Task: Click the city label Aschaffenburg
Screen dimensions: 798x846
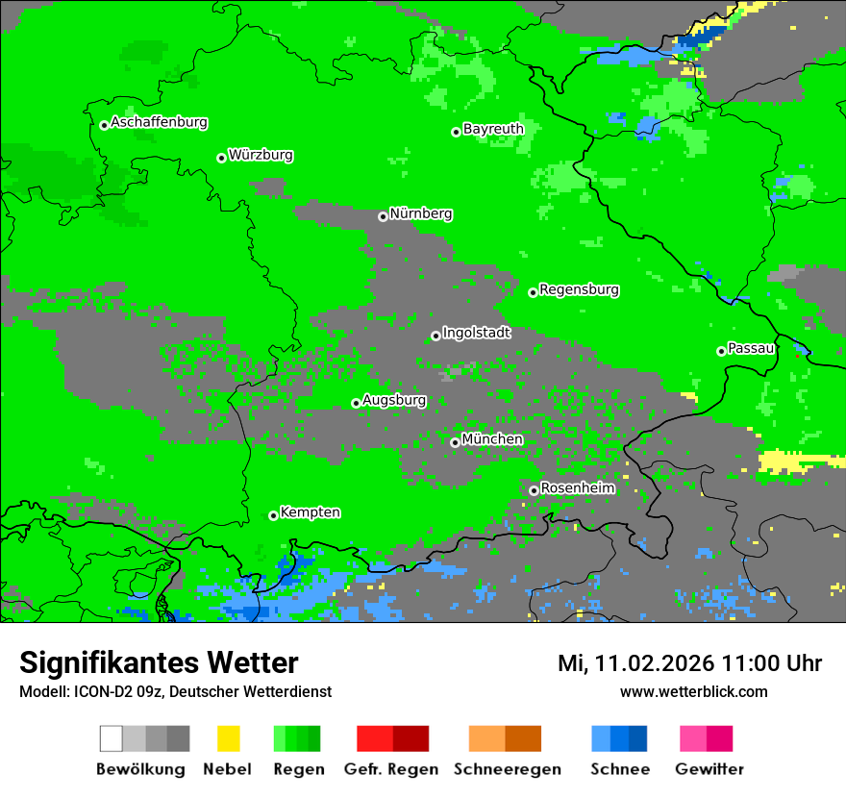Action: point(159,123)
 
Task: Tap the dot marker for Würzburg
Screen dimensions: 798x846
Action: point(221,158)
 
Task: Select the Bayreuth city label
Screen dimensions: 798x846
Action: point(493,129)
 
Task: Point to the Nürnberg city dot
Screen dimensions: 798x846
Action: point(383,216)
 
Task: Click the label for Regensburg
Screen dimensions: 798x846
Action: point(579,289)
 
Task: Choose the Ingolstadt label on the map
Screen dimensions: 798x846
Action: point(477,333)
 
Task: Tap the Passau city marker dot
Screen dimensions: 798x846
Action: point(721,351)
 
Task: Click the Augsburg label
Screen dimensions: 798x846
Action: point(394,400)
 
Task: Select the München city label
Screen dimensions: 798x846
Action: point(492,439)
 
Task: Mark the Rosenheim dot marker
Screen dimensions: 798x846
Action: point(534,490)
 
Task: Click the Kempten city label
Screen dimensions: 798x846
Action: point(310,512)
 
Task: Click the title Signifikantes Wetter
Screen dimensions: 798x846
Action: point(159,662)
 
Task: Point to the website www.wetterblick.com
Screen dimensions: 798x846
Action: point(693,692)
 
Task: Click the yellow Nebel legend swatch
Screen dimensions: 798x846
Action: point(228,738)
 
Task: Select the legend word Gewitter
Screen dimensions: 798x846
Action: point(709,769)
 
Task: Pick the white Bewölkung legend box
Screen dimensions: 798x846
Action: point(112,738)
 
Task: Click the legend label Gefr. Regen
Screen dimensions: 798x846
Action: point(391,769)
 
